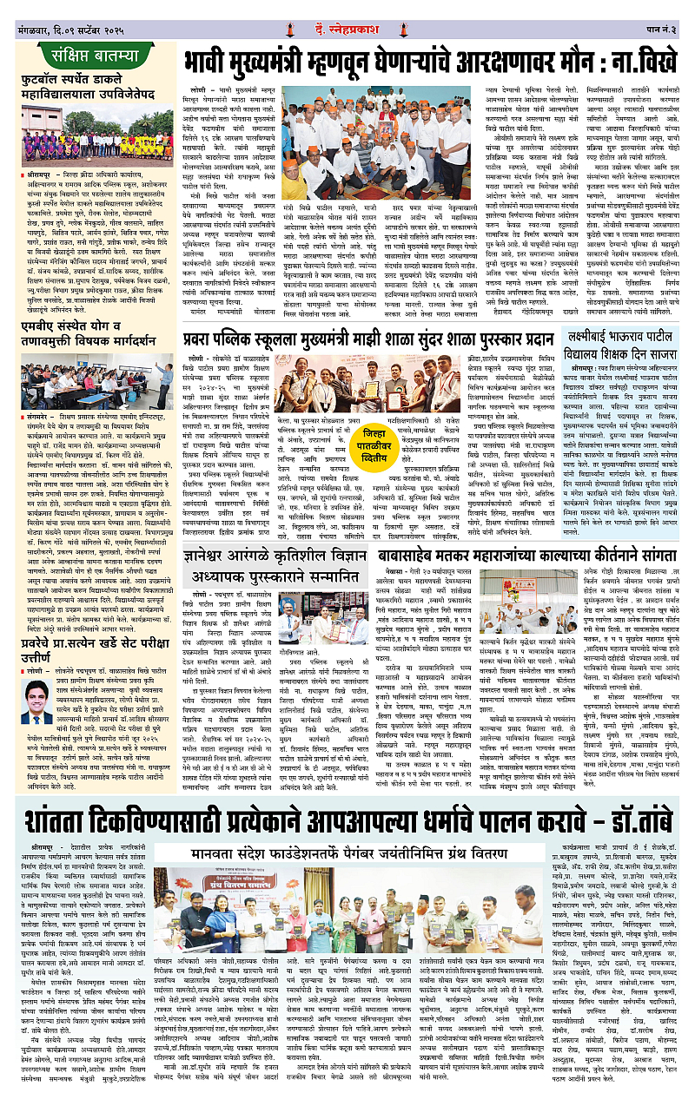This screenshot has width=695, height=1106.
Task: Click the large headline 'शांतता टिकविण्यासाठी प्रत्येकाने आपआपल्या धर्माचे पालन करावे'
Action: [347, 819]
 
